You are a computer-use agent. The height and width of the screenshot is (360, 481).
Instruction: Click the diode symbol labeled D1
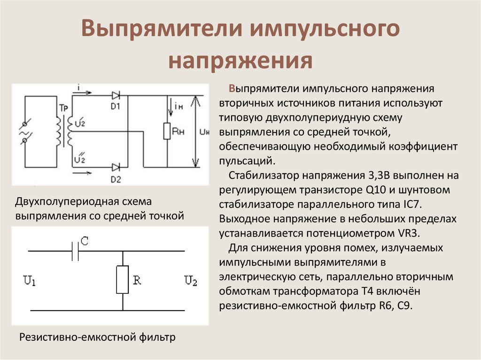click(116, 94)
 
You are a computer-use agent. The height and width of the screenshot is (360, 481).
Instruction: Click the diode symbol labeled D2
click(116, 167)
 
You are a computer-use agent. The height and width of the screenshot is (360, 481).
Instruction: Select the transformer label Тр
click(63, 107)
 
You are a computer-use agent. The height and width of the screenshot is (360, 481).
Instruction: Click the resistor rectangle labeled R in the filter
click(123, 280)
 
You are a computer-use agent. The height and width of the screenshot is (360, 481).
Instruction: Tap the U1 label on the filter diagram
click(30, 281)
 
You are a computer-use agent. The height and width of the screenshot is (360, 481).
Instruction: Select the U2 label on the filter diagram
click(191, 281)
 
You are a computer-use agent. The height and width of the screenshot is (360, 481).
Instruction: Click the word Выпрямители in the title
click(162, 30)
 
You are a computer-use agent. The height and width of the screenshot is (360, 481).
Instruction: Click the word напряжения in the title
click(240, 61)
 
